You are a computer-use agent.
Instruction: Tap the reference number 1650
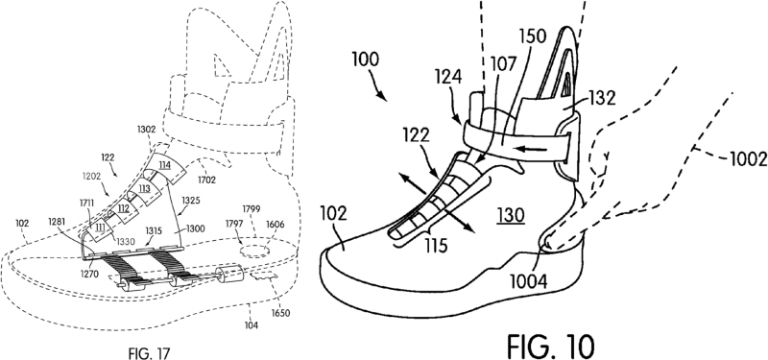coord(279,312)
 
